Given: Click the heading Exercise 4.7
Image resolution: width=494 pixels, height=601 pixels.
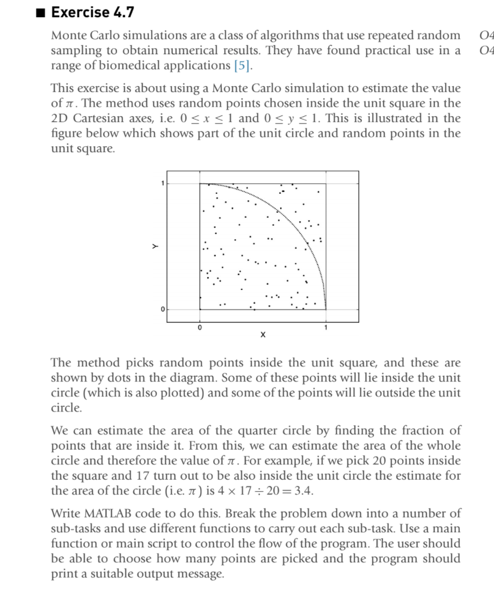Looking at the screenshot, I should (92, 11).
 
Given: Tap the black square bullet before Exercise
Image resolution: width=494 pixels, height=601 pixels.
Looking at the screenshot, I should (41, 11).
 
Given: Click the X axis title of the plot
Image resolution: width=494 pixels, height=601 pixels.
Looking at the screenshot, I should (262, 336).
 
